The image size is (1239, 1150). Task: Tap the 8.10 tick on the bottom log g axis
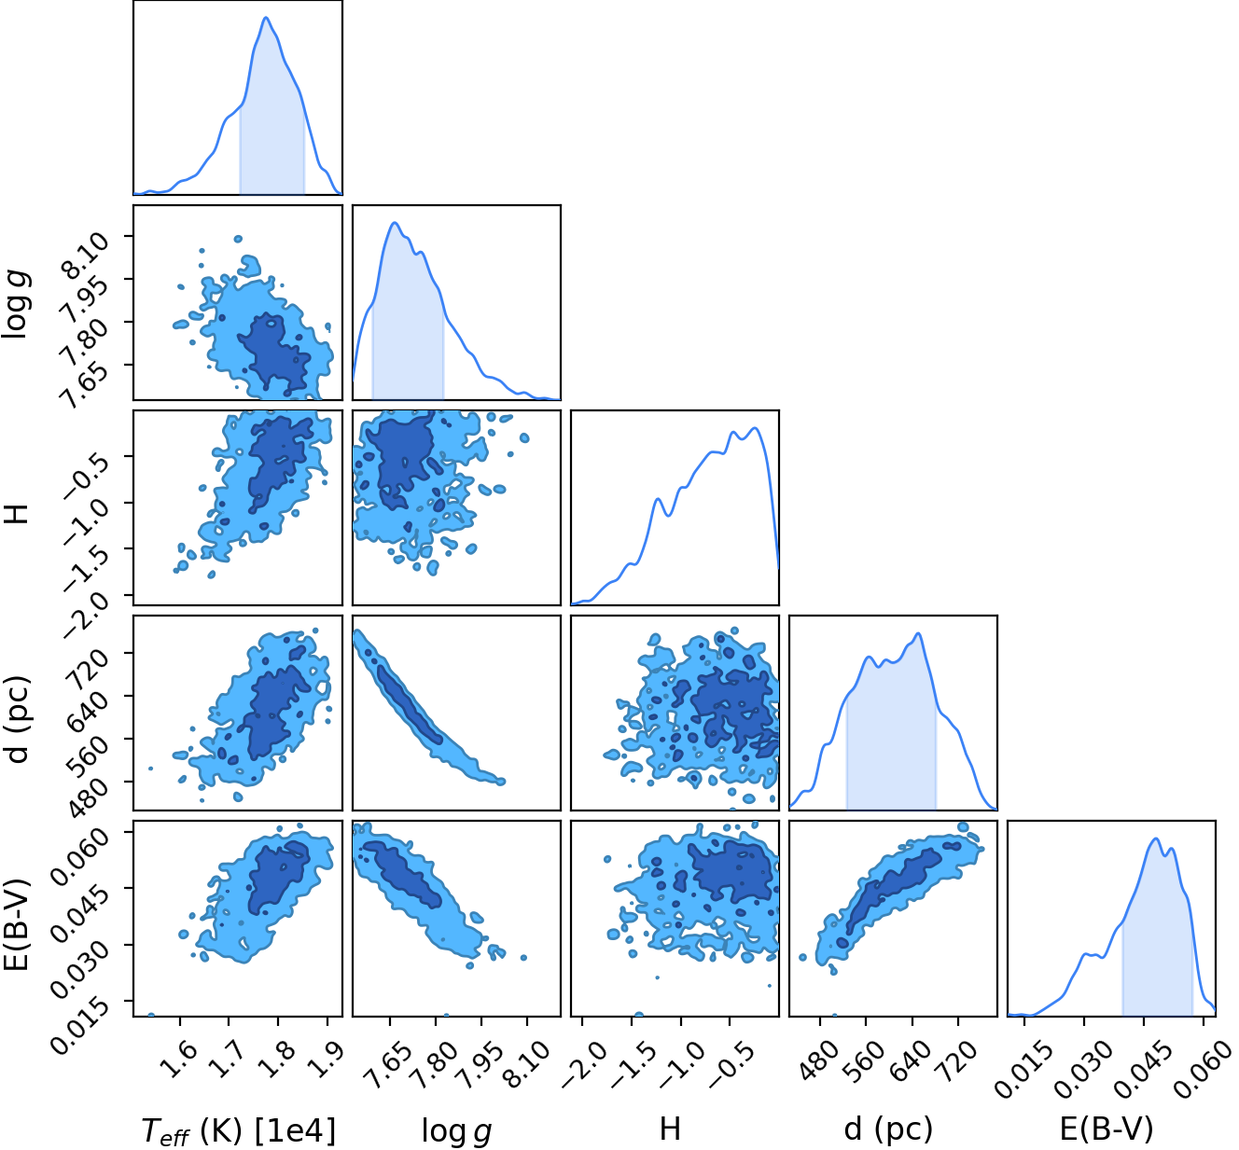tap(526, 1064)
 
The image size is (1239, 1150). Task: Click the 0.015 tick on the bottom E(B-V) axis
tap(1023, 1070)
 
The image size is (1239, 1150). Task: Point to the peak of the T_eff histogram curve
tap(266, 18)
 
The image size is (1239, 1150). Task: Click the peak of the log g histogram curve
tap(395, 223)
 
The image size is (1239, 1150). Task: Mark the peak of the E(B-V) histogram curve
tap(1155, 838)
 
